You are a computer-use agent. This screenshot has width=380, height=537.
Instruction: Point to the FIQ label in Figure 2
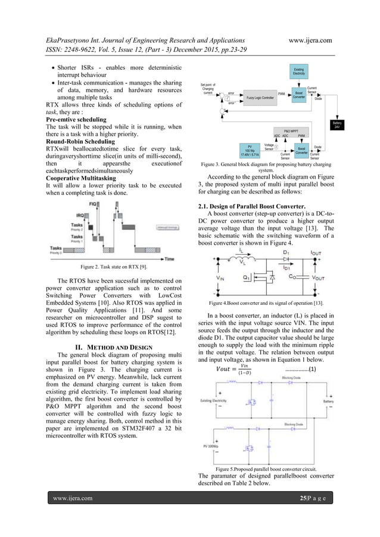pyautogui.click(x=92, y=204)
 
